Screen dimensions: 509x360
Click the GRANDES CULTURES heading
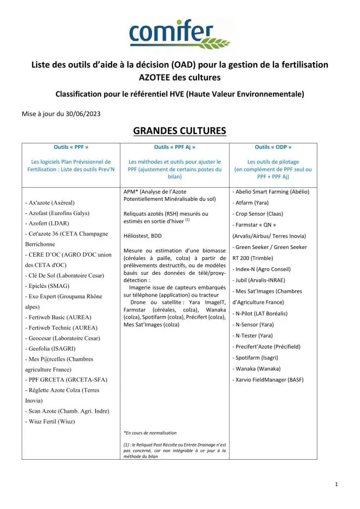[179, 131]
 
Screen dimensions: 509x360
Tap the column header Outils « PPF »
[71, 147]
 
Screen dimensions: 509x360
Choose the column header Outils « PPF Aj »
[175, 147]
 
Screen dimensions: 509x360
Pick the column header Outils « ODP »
[273, 147]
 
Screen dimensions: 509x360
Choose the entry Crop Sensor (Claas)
[259, 213]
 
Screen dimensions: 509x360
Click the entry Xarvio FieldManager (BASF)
[269, 379]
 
